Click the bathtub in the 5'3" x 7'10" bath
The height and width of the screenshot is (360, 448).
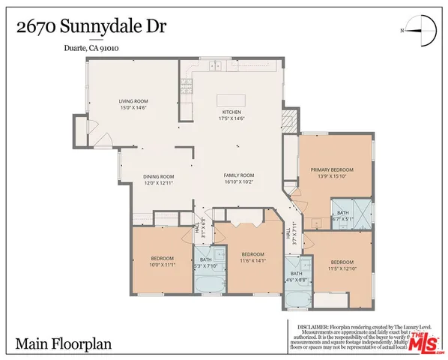coord(205,283)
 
